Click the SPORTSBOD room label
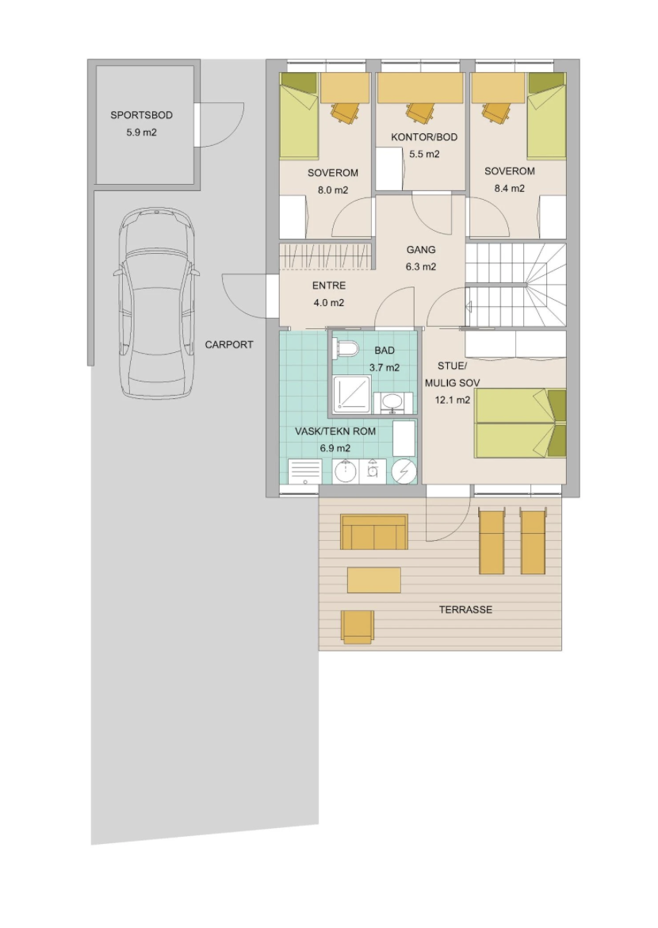(x=141, y=115)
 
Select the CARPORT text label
(x=229, y=344)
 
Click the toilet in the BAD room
(x=346, y=348)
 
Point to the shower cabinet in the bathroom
(x=352, y=393)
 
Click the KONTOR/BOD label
(x=424, y=137)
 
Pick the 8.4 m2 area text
(x=510, y=188)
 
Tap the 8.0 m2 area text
(x=333, y=190)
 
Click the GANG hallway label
(x=421, y=250)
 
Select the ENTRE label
(x=329, y=286)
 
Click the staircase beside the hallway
(x=515, y=285)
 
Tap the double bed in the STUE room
(x=521, y=424)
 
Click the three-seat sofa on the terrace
(x=374, y=531)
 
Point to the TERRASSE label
(x=465, y=610)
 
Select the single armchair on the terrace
(x=358, y=627)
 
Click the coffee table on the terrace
(x=374, y=580)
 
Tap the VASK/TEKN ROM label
(x=335, y=431)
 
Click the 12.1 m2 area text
(x=453, y=400)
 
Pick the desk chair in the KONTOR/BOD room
(x=419, y=111)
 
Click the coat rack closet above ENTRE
(x=326, y=255)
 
